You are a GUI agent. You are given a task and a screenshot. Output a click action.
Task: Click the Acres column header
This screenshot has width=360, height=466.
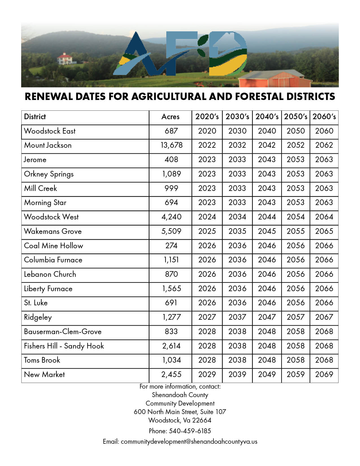click(x=170, y=117)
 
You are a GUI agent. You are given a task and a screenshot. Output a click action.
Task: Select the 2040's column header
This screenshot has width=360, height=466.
click(x=267, y=117)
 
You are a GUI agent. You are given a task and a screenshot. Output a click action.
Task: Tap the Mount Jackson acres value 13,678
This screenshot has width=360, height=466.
click(x=171, y=145)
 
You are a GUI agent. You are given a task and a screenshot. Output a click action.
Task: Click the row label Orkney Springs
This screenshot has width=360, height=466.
click(x=49, y=174)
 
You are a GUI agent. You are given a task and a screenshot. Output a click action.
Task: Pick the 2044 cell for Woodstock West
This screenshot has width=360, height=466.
click(x=267, y=217)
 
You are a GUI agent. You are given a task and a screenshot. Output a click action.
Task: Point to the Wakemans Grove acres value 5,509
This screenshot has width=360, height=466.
click(x=171, y=231)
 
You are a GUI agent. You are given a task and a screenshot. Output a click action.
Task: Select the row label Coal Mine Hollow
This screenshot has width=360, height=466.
click(x=53, y=246)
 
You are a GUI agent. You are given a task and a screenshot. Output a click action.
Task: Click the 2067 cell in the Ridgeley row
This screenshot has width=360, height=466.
click(x=324, y=317)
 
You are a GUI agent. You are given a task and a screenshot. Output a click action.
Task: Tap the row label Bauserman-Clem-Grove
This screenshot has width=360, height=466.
click(x=63, y=332)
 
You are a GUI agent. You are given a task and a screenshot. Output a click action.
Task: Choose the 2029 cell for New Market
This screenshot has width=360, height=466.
click(x=207, y=374)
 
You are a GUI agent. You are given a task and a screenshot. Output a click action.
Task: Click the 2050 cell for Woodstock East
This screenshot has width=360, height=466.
click(x=296, y=131)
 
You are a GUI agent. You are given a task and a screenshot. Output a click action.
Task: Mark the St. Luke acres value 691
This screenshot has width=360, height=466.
click(x=171, y=303)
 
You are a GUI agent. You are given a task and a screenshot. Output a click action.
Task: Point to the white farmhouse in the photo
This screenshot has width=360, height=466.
click(x=67, y=58)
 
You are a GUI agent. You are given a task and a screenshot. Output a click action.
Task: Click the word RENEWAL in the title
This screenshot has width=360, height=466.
click(x=48, y=97)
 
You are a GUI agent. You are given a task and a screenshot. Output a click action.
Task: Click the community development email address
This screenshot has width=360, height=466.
click(x=189, y=442)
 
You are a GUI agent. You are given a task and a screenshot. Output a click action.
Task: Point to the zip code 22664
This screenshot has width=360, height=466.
click(x=202, y=420)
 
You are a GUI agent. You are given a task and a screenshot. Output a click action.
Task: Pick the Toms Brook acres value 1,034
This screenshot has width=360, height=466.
click(x=171, y=360)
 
